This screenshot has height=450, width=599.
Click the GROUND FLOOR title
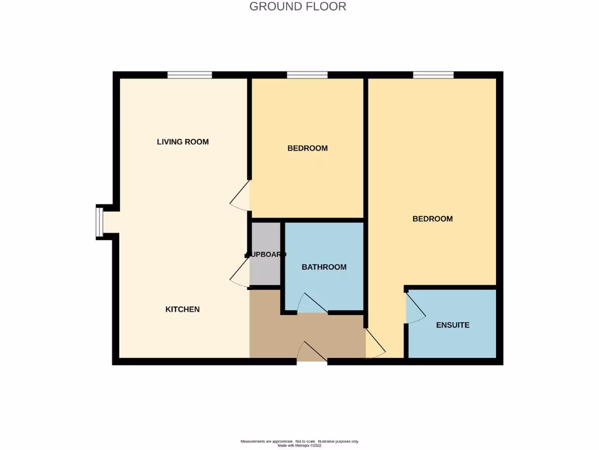(298, 7)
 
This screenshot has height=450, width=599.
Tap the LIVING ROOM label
(183, 142)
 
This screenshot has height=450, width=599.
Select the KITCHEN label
(183, 309)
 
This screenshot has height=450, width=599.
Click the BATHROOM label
(324, 267)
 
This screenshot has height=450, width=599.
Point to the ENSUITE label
(453, 325)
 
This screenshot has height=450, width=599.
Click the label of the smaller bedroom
(307, 148)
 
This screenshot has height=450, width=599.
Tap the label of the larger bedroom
(432, 219)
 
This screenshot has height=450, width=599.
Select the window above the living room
(190, 74)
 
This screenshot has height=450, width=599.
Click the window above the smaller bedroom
(307, 74)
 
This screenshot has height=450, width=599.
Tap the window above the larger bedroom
(433, 74)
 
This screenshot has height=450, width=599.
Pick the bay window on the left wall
(99, 222)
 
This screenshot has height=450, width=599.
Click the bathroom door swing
(311, 304)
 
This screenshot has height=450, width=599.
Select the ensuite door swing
(414, 309)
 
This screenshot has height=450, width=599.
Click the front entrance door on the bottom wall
(311, 353)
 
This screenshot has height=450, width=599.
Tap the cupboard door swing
(239, 274)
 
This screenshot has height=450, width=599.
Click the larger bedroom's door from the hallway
(374, 345)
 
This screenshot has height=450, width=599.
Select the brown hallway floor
(304, 334)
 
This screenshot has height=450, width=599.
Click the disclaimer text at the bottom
(299, 443)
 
